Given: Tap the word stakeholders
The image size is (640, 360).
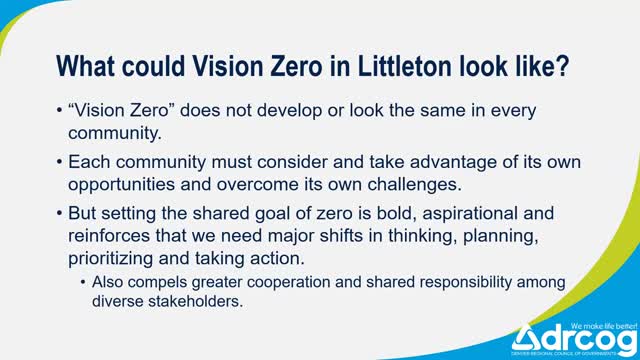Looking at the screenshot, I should (x=202, y=301).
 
